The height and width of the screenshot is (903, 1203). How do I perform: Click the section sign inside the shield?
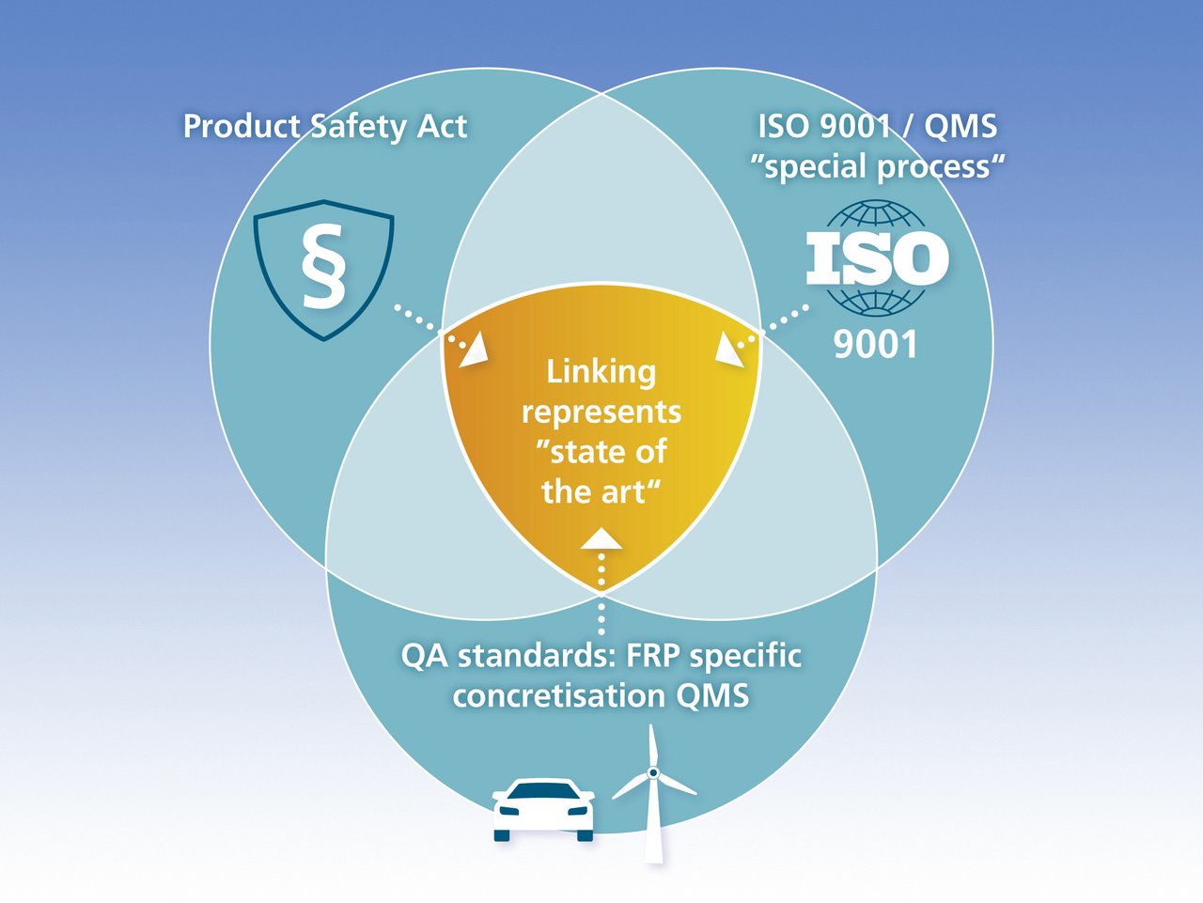pos(323,269)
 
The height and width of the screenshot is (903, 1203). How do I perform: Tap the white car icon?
pos(544,808)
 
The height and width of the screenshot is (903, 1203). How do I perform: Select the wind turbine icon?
pos(653,794)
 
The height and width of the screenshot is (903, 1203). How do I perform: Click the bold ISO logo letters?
pos(877,259)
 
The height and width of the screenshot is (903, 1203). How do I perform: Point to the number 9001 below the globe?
pos(875,345)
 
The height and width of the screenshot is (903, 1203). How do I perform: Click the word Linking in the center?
pos(601,372)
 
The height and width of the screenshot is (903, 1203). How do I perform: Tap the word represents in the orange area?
pos(601,413)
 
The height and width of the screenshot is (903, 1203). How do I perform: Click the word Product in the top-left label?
pos(241,126)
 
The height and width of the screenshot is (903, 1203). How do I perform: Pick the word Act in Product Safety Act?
pos(441,126)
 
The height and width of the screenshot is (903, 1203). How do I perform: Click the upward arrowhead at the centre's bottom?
pos(601,538)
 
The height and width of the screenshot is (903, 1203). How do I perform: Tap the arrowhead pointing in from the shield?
pos(475,350)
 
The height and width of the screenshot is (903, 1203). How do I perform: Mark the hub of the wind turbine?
pos(652,772)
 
